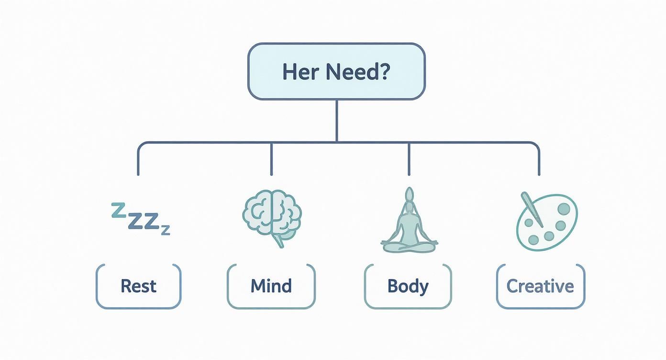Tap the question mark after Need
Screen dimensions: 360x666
tap(383, 72)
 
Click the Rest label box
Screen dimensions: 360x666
tap(139, 286)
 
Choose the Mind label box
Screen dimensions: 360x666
tap(271, 286)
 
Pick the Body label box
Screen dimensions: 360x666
tap(408, 286)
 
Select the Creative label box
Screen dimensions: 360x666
tap(540, 286)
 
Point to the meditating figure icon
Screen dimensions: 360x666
tap(409, 225)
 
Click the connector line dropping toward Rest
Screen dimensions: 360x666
tap(138, 160)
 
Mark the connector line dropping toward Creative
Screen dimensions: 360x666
tap(539, 160)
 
